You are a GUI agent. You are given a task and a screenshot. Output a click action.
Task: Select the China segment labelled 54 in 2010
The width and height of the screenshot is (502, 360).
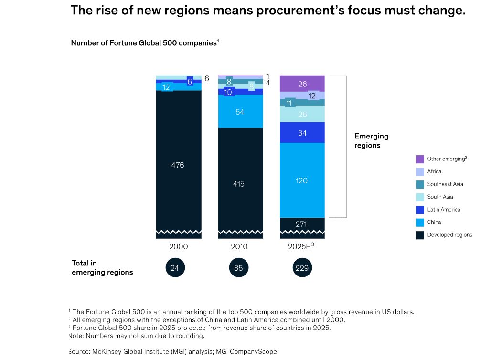pos(240,111)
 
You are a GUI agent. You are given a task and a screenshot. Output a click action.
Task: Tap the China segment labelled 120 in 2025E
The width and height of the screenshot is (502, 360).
pos(302,180)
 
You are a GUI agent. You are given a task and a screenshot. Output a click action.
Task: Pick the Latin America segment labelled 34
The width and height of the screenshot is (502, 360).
pos(302,133)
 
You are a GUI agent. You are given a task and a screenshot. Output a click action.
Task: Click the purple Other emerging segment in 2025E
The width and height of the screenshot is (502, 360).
pos(302,84)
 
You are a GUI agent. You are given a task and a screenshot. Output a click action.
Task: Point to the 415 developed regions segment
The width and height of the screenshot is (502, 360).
pos(240,183)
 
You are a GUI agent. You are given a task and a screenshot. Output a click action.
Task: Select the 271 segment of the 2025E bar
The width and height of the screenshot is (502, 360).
pos(302,223)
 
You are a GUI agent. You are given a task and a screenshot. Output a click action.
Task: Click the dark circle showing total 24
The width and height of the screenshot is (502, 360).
pos(175,268)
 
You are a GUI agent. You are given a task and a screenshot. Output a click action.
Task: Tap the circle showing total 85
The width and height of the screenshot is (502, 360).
pos(238,268)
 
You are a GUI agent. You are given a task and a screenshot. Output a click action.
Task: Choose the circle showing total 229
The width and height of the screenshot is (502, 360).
pos(302,268)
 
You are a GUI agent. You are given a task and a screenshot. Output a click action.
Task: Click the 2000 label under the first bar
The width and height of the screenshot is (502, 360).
pos(179,247)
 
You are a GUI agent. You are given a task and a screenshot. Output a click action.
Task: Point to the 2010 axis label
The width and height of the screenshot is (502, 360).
pos(239,247)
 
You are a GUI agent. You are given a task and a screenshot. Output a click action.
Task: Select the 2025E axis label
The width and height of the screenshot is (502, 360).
pos(301,247)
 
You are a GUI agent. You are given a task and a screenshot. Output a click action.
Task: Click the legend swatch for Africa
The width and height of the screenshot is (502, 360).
pos(420,171)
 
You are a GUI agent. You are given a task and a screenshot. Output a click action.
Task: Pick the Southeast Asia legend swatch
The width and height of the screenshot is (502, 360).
pos(420,184)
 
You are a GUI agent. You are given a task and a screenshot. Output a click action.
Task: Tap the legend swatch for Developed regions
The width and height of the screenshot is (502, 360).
pos(420,235)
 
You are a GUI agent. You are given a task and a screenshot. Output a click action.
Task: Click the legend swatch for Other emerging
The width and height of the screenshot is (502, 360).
pos(420,159)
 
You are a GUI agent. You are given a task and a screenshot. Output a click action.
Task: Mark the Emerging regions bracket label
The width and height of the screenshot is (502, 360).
pos(371,141)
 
